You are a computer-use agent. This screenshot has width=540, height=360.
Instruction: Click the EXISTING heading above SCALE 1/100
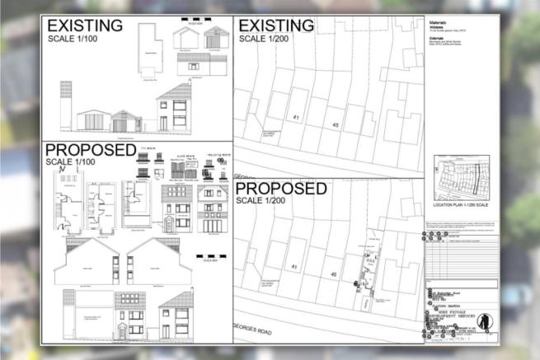[x=85, y=25]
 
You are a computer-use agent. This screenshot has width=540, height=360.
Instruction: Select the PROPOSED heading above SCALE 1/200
[x=283, y=189]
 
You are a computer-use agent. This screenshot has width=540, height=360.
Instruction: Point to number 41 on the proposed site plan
[x=293, y=267]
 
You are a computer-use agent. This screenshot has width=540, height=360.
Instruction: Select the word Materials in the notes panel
[x=439, y=23]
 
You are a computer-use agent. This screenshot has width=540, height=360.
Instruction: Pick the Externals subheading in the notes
[x=439, y=37]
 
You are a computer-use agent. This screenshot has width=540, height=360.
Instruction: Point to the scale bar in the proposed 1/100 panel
[x=212, y=256]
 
